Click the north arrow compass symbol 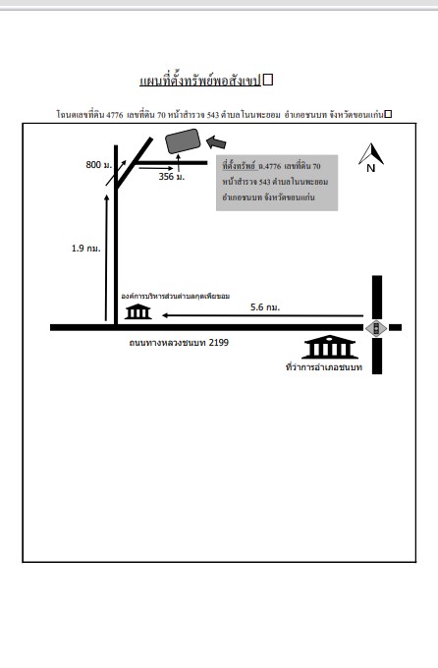371,157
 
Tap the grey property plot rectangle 183,141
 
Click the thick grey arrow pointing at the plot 216,142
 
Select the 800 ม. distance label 99,165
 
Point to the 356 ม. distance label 172,177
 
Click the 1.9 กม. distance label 86,249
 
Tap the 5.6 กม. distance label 265,307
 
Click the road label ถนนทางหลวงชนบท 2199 179,343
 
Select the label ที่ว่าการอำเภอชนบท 324,366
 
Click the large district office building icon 329,347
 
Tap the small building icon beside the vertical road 137,311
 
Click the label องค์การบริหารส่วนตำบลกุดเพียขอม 176,296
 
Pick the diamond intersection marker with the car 376,328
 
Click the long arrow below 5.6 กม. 262,315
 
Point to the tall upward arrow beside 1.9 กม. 106,257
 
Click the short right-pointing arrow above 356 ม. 156,168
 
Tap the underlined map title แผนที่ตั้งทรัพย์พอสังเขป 200,81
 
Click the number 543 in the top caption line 212,115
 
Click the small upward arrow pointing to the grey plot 178,163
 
